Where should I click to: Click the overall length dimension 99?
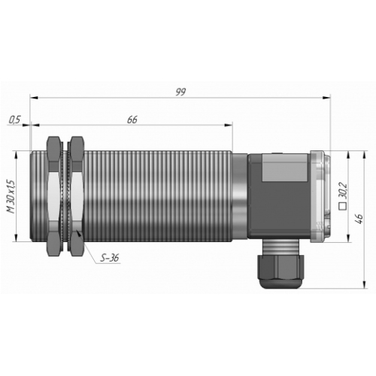pos(180,92)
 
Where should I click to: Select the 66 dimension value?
pos(132,120)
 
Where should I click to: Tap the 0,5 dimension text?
pos(14,120)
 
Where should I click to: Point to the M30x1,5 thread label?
pos(11,196)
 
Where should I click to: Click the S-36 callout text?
pos(110,258)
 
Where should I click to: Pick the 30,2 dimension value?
pos(343,190)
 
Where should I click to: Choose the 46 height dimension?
pos(359,219)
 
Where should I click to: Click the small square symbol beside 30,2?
pos(342,206)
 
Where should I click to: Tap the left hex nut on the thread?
pos(53,196)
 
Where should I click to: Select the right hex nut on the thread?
pos(77,196)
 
